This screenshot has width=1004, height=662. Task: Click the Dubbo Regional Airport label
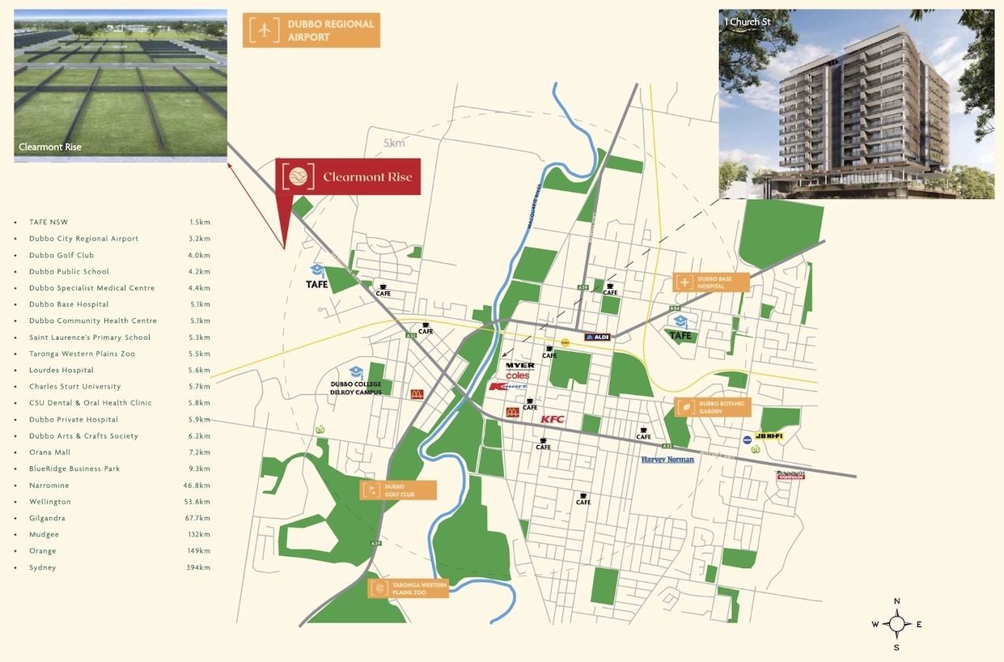tap(311, 30)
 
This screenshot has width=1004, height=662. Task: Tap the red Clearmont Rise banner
tap(349, 177)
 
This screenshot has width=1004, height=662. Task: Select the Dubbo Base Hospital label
tap(711, 282)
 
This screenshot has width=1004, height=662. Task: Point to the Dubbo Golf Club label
tap(399, 490)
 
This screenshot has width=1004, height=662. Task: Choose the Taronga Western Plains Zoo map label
tap(409, 588)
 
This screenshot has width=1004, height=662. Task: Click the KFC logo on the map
tap(552, 419)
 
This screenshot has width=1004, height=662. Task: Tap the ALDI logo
tap(596, 337)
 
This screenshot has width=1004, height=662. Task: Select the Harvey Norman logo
tap(667, 460)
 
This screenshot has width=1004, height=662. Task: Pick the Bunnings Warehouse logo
tap(790, 475)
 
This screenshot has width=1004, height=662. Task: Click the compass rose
tap(896, 624)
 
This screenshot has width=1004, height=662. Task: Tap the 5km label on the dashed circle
tap(394, 144)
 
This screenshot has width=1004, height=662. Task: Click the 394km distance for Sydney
tap(198, 567)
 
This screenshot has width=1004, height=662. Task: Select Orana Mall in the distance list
tap(50, 452)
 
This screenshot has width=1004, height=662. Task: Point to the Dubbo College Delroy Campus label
tap(355, 388)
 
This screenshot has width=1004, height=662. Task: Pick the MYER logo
tap(519, 366)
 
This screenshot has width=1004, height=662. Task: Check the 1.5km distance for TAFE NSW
tap(200, 222)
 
